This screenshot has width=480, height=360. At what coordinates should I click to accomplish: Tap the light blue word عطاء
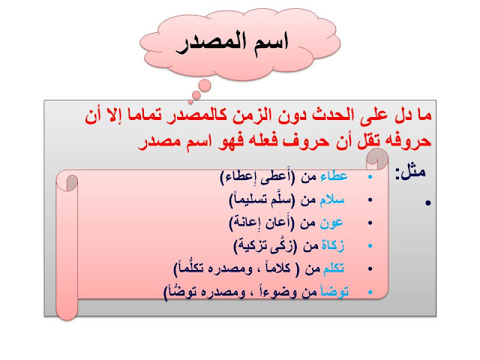[x=334, y=176]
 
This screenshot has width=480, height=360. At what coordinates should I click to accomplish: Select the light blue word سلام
[x=332, y=199]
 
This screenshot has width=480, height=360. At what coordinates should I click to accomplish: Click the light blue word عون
[x=331, y=223]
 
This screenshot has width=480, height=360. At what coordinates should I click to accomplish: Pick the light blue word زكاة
[x=332, y=246]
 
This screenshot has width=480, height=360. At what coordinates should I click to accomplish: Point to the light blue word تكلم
[x=333, y=268]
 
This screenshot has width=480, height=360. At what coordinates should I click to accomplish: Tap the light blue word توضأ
[x=334, y=291]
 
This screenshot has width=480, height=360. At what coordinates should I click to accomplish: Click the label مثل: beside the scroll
[x=410, y=172]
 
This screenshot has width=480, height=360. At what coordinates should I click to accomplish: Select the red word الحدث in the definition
[x=333, y=115]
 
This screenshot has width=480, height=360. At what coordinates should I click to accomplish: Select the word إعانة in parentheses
[x=248, y=223]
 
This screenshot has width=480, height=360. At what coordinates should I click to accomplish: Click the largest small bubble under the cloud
[x=205, y=85]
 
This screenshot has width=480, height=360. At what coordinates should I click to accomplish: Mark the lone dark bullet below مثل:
[x=428, y=202]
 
